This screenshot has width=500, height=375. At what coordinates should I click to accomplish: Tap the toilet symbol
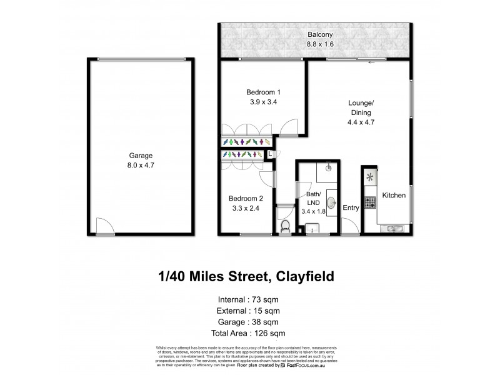coord(285,226)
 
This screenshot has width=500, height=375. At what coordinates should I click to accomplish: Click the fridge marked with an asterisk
coord(369,177)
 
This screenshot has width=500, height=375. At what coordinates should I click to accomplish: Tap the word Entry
coord(351,208)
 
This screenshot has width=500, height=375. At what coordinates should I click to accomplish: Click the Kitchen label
coord(394,195)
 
